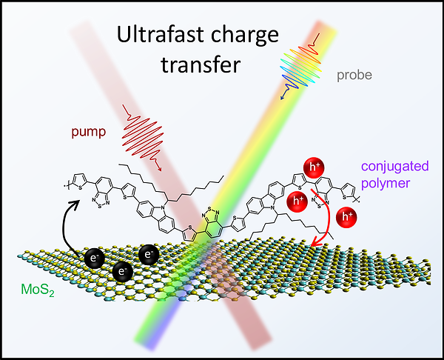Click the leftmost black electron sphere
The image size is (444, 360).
click(94, 259)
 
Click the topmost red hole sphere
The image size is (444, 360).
click(310, 168)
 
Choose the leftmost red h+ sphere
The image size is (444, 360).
click(297, 200)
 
